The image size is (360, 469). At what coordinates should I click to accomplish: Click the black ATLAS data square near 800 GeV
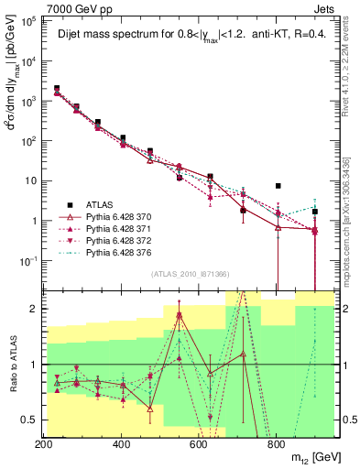[x=277, y=186]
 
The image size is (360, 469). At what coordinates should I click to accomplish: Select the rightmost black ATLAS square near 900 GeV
[x=315, y=212]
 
